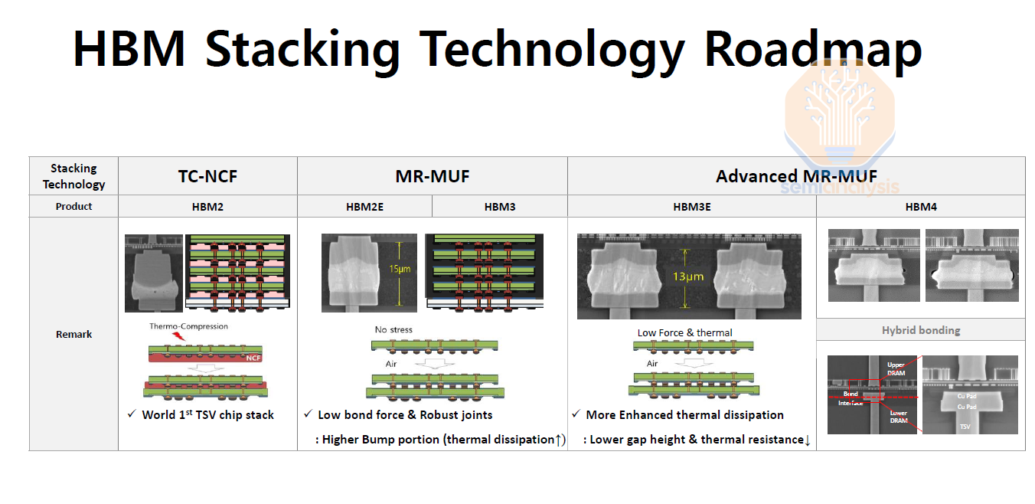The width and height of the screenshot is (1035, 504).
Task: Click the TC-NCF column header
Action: coord(207,176)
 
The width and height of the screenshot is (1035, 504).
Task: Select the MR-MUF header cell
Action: coord(433,176)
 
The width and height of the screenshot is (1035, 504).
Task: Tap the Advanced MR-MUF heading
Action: coord(796,176)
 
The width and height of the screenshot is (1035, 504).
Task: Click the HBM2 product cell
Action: coord(207,207)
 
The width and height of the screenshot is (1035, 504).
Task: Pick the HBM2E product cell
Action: coord(364,207)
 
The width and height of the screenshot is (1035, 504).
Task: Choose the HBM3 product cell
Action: coord(500,207)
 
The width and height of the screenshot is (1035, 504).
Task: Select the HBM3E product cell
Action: coord(692,207)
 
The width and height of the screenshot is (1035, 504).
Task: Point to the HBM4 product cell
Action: coord(921,207)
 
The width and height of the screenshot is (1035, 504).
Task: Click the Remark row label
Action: coord(73,334)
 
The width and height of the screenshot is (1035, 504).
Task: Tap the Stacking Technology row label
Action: coord(73,176)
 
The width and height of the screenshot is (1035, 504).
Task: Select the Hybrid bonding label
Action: coord(921,330)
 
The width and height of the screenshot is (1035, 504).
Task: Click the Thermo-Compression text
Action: coord(188,326)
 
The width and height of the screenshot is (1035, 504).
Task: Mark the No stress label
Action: coord(393,330)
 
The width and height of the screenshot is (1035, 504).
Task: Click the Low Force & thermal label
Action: coord(684,332)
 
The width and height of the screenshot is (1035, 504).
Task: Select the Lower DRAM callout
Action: coord(899,417)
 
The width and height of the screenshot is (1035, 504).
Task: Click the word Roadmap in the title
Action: coord(812,49)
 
